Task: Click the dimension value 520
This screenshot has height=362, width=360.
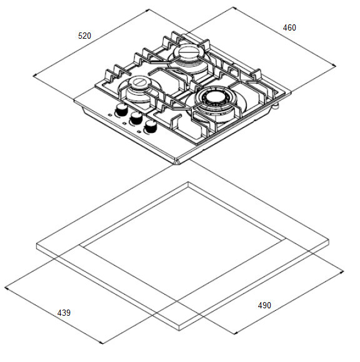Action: click(x=84, y=36)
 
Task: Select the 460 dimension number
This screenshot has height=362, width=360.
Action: click(x=289, y=27)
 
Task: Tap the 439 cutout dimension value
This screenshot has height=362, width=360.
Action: click(x=64, y=313)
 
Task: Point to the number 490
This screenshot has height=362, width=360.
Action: click(x=264, y=305)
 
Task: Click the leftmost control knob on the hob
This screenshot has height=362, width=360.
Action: click(x=121, y=109)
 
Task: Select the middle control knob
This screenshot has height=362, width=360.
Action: click(x=136, y=118)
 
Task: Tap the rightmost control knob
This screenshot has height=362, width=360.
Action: click(x=151, y=127)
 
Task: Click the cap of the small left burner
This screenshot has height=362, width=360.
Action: click(x=139, y=82)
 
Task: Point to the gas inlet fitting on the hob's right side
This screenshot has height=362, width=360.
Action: click(x=276, y=106)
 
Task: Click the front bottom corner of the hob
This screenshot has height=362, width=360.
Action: click(x=176, y=163)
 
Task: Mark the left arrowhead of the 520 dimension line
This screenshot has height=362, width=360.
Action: click(x=34, y=76)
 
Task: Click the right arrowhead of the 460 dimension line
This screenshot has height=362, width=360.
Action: click(x=334, y=66)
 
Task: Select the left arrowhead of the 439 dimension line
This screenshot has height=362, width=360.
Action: click(x=6, y=288)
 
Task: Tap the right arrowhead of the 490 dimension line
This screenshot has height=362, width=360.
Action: click(x=342, y=272)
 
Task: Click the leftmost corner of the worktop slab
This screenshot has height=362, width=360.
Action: click(x=37, y=244)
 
